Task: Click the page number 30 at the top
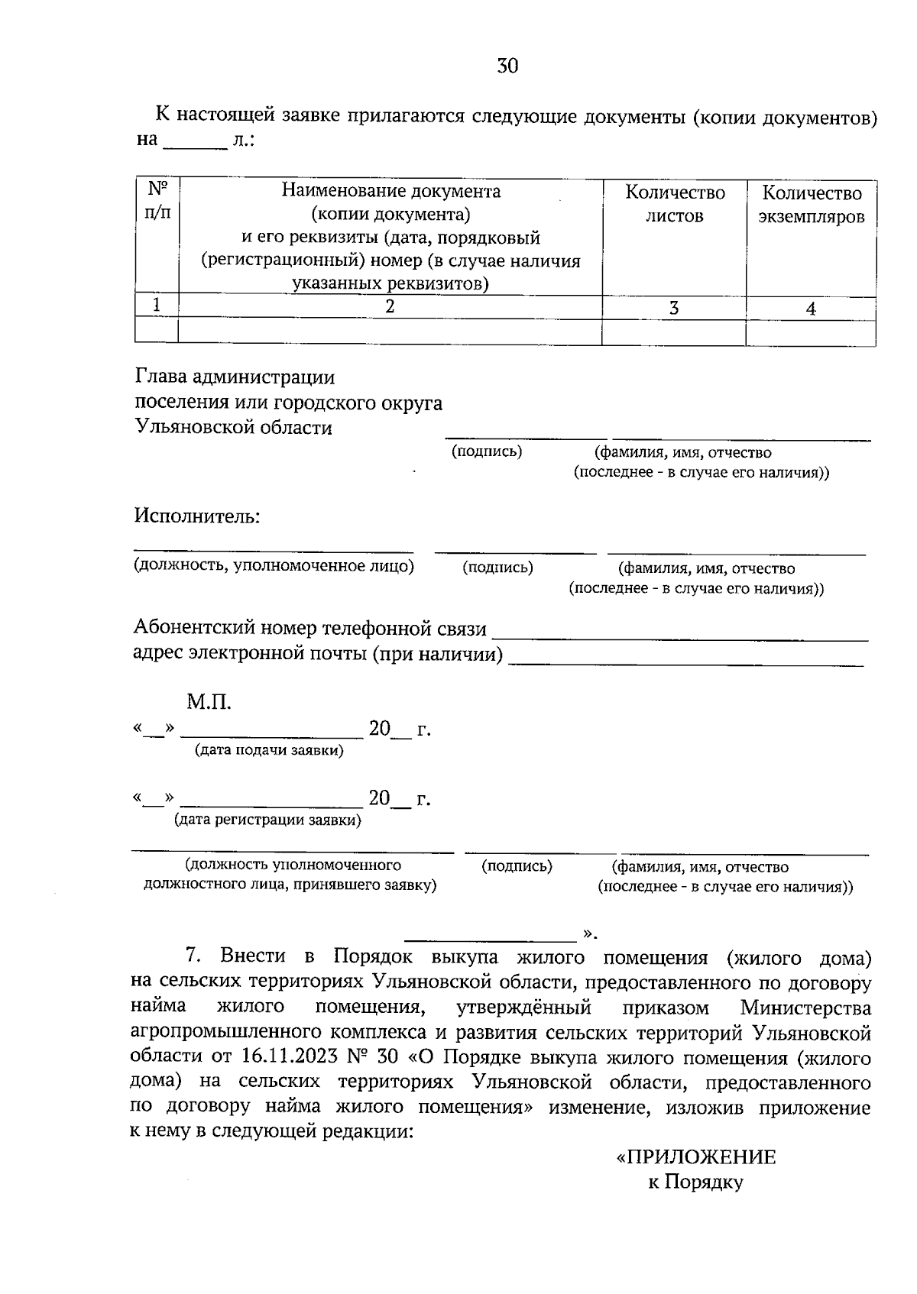click(507, 66)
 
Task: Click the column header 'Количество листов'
click(674, 203)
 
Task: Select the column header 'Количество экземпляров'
click(811, 205)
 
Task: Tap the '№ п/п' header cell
click(157, 200)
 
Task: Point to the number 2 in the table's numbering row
click(390, 306)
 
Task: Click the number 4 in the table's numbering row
click(811, 309)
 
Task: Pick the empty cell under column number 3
click(674, 332)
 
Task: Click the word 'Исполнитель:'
click(197, 516)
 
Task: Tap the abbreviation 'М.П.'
click(209, 701)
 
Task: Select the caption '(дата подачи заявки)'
click(269, 750)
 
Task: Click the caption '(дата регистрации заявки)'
click(267, 820)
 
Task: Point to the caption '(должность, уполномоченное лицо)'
click(274, 566)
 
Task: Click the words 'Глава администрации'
click(235, 377)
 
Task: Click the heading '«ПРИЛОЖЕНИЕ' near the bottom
click(695, 1157)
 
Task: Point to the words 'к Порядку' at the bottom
click(695, 1182)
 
